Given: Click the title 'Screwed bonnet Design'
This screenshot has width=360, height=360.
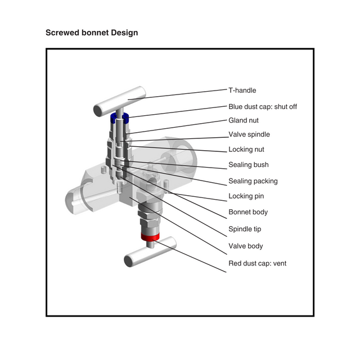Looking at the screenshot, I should [x=91, y=33].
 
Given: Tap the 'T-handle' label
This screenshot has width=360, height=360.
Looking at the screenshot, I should [x=242, y=90].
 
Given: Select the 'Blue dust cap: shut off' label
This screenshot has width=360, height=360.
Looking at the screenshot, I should [x=262, y=106].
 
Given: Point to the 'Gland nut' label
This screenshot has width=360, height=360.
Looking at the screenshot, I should [x=244, y=120].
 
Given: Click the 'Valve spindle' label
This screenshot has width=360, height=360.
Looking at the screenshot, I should [x=249, y=134].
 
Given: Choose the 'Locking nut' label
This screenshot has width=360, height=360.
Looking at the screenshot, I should [x=246, y=150].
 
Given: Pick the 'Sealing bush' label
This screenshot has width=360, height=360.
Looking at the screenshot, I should [x=248, y=165].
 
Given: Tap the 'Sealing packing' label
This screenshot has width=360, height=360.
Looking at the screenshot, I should [x=253, y=181].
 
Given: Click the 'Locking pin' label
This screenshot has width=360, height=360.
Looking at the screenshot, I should [x=246, y=196].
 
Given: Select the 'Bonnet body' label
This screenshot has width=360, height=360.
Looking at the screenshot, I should [x=248, y=212].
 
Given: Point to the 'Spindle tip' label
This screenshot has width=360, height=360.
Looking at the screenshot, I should [x=245, y=229].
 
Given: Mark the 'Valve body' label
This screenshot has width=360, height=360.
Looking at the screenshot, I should [x=245, y=246].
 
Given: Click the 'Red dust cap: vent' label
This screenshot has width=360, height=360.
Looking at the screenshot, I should [x=257, y=263].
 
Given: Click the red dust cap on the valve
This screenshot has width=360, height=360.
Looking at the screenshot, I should [x=150, y=239].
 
